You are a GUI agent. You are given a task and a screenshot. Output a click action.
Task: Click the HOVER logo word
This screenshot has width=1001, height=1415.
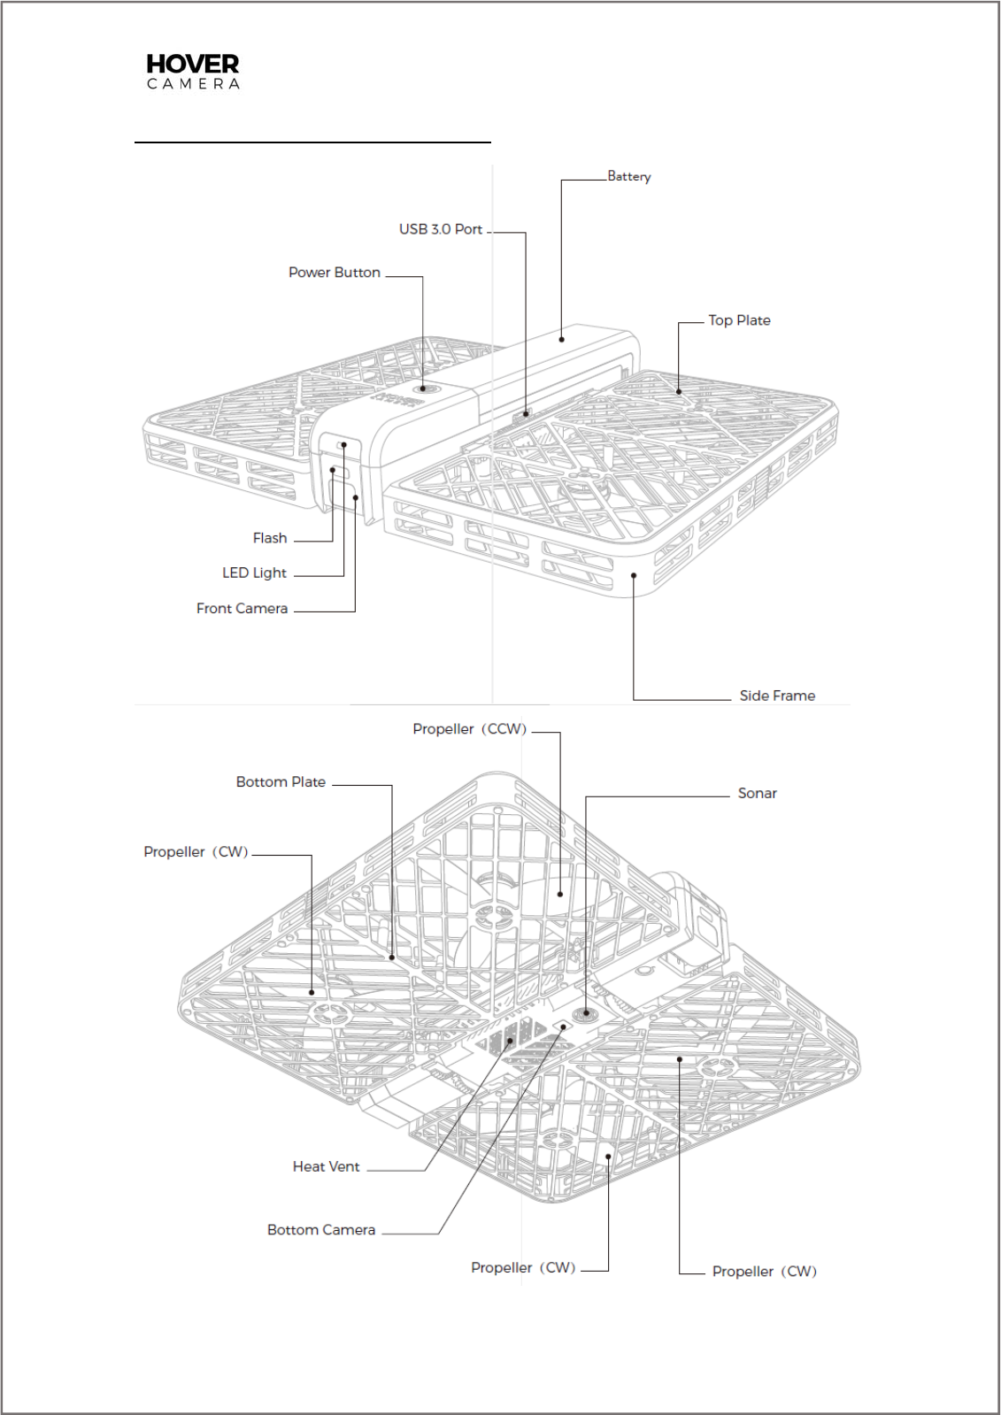click(x=192, y=64)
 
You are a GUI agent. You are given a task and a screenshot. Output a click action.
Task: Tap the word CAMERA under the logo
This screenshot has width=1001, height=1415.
click(x=193, y=84)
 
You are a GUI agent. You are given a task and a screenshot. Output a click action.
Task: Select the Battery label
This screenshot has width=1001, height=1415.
click(x=629, y=176)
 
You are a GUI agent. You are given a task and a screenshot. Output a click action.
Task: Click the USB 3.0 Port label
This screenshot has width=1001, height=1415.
click(x=441, y=229)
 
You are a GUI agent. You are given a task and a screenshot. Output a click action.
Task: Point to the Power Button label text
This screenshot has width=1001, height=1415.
click(x=335, y=273)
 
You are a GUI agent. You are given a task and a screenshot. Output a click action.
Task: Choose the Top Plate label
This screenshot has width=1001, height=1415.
click(x=739, y=320)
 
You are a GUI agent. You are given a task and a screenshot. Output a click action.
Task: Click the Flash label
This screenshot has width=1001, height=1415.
click(x=270, y=538)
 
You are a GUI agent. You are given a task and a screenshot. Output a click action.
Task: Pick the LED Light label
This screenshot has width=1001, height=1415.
click(x=254, y=573)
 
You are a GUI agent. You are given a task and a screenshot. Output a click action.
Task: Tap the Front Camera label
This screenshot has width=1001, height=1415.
click(x=242, y=609)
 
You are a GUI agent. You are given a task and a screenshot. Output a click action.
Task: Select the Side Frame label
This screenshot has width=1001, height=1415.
click(x=777, y=696)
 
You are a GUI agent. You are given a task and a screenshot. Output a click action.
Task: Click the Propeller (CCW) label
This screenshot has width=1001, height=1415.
click(x=469, y=729)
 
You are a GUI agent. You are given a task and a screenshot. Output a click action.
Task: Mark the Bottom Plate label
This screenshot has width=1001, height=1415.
click(x=281, y=782)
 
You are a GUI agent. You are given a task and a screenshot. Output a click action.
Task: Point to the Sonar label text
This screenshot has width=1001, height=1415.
click(x=757, y=794)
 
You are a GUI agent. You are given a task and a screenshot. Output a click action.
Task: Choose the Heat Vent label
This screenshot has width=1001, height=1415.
click(x=326, y=1167)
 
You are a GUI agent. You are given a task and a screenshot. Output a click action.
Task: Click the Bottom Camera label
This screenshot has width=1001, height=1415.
click(x=321, y=1230)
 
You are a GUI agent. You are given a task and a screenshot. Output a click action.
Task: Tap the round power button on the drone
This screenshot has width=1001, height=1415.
click(x=423, y=388)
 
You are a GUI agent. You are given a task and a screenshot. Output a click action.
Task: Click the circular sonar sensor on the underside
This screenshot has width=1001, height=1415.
click(x=586, y=1013)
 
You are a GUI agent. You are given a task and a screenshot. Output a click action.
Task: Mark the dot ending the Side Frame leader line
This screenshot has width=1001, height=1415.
click(x=634, y=575)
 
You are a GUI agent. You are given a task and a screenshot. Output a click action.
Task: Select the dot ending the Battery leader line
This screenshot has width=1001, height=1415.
click(x=561, y=339)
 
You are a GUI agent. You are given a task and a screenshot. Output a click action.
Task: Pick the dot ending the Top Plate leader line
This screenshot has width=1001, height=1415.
click(x=679, y=391)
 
